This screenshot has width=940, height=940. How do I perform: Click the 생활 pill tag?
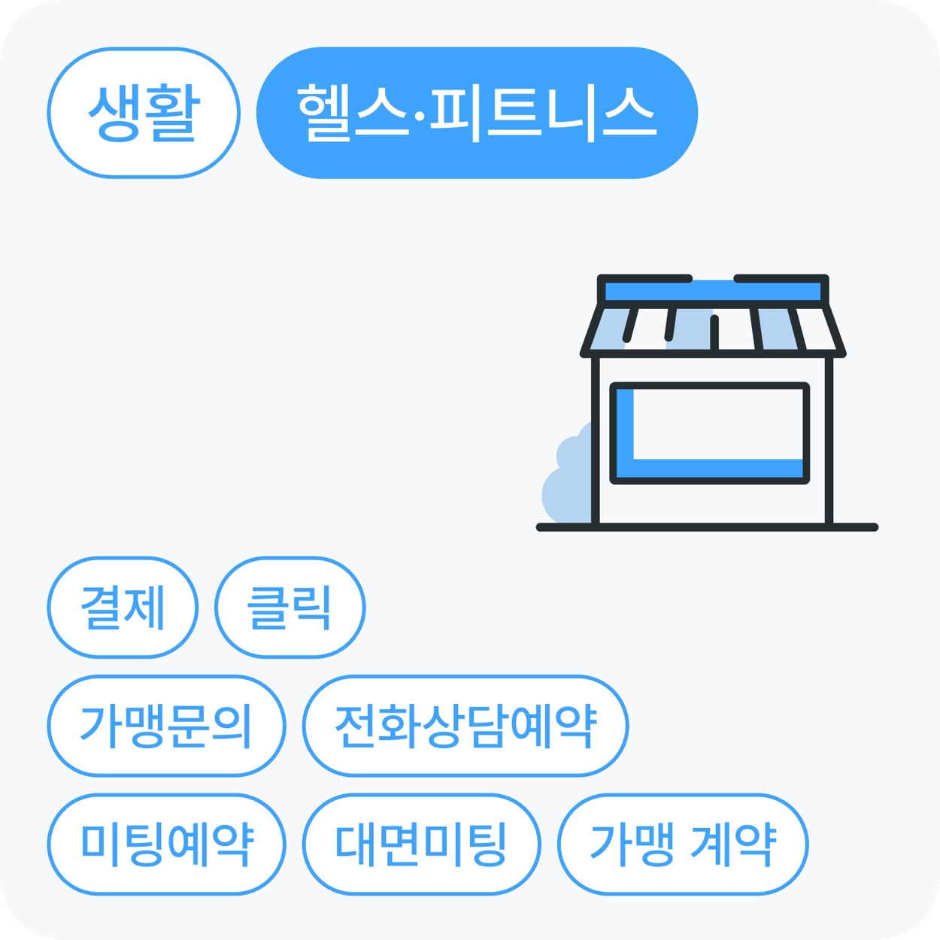(x=143, y=113)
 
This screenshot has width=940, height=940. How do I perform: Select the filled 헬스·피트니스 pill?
(x=477, y=113)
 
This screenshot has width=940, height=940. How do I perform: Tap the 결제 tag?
(x=123, y=608)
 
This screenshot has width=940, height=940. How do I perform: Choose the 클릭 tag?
(x=290, y=608)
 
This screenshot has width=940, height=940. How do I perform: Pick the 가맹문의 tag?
(x=166, y=726)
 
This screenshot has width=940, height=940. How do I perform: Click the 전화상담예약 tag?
(x=465, y=726)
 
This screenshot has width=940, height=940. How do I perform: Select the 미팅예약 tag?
(x=166, y=844)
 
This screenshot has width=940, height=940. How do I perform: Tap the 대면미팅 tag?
(x=421, y=844)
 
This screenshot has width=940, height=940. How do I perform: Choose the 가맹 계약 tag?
(x=682, y=844)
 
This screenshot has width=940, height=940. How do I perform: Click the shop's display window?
(x=710, y=433)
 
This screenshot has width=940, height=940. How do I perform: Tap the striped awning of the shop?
(x=713, y=329)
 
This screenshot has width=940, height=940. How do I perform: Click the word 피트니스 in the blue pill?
(x=543, y=113)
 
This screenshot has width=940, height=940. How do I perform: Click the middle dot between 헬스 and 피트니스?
(x=419, y=115)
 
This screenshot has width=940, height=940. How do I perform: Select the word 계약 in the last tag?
(x=732, y=844)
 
